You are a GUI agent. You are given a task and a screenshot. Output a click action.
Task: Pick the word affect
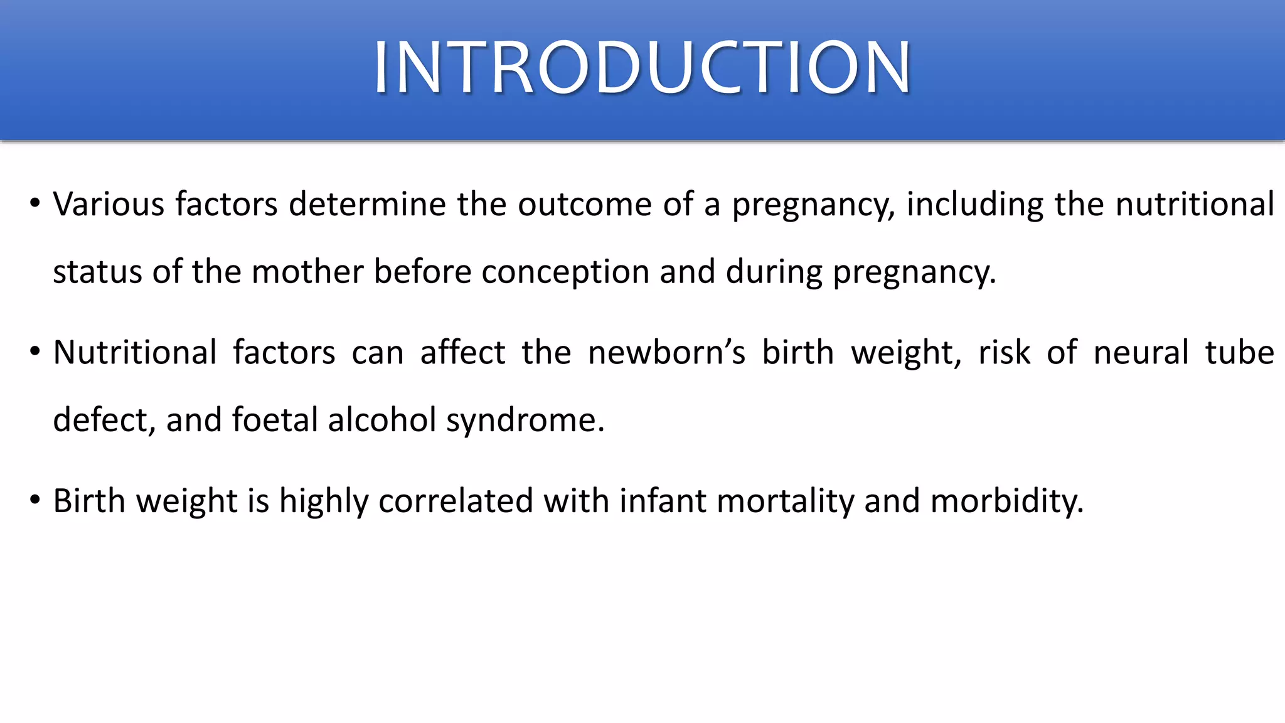point(462,353)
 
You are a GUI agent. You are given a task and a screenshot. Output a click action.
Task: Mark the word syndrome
point(525,420)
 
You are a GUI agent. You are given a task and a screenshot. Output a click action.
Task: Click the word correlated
point(456,501)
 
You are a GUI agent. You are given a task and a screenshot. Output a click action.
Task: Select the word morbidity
point(1006,501)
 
